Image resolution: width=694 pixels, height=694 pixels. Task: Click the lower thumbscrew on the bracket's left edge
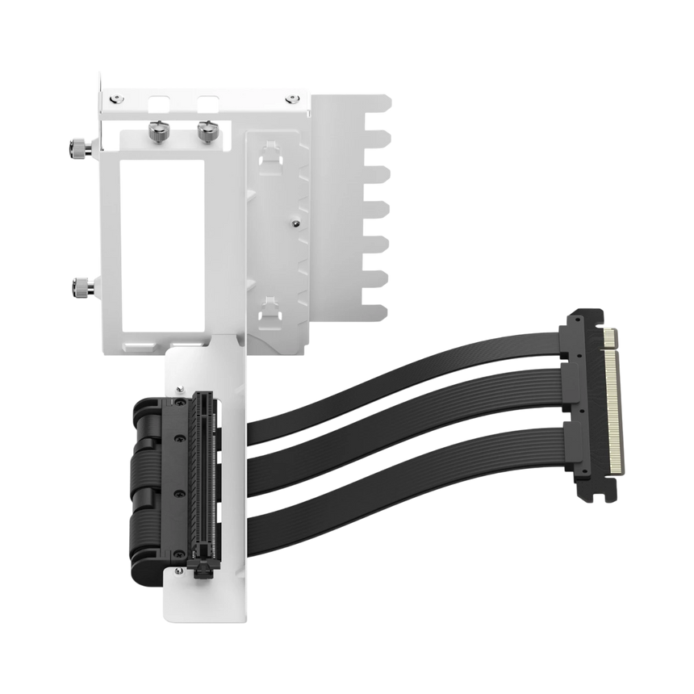[82, 284]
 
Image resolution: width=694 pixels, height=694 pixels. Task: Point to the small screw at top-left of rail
[118, 98]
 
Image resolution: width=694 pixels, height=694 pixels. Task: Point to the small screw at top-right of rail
[291, 98]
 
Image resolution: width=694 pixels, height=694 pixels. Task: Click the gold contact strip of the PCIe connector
[615, 399]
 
